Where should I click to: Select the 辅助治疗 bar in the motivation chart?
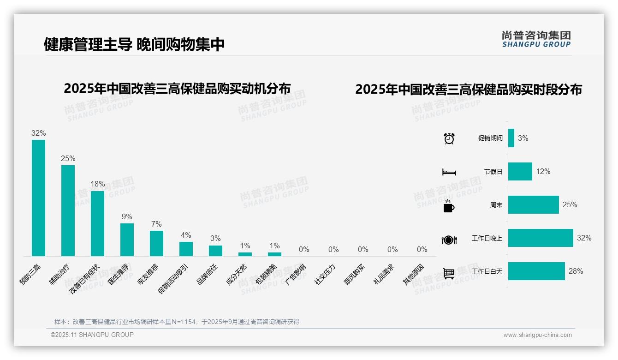(x=68, y=210)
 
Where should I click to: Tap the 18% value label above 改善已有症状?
(x=97, y=184)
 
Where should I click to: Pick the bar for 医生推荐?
(x=127, y=240)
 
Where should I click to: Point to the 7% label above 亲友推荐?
(x=156, y=224)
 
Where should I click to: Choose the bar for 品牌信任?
(x=215, y=251)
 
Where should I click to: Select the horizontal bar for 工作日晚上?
(x=541, y=238)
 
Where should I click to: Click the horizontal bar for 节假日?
(x=520, y=171)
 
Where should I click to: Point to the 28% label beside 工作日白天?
(x=576, y=271)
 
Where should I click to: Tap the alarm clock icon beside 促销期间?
(x=449, y=138)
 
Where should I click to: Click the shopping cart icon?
(x=449, y=273)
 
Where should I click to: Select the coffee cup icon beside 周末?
(x=449, y=206)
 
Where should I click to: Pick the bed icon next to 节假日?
(x=449, y=172)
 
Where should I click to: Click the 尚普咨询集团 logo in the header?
(x=536, y=39)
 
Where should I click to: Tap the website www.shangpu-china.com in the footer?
(x=537, y=335)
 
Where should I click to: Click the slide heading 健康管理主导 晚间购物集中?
(x=134, y=44)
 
